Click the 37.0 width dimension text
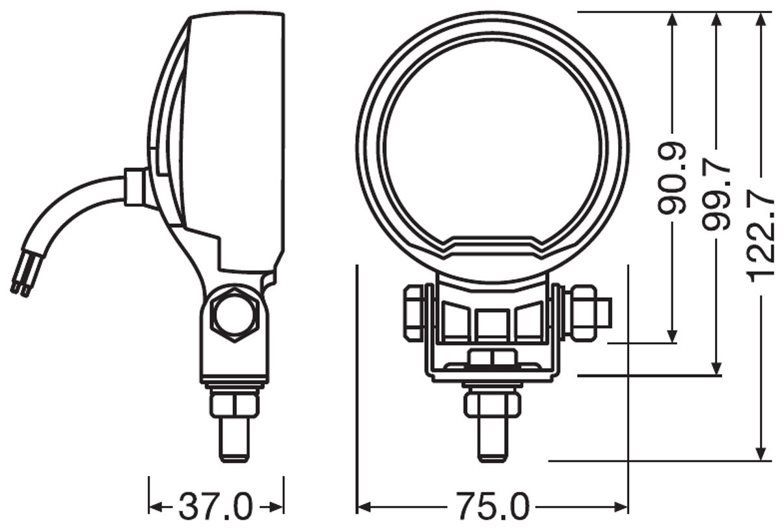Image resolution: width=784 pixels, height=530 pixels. point(215,507)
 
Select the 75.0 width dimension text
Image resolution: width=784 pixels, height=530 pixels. point(492,507)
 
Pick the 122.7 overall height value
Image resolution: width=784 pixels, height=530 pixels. point(761,236)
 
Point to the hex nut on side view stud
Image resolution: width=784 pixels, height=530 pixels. point(234,404)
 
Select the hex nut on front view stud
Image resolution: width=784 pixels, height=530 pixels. point(493,403)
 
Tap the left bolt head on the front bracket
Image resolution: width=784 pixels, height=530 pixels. point(414,313)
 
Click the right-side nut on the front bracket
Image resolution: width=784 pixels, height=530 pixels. point(582,313)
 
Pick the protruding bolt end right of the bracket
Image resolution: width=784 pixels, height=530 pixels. point(604,313)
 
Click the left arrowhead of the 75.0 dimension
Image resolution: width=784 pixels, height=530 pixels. point(364,507)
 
